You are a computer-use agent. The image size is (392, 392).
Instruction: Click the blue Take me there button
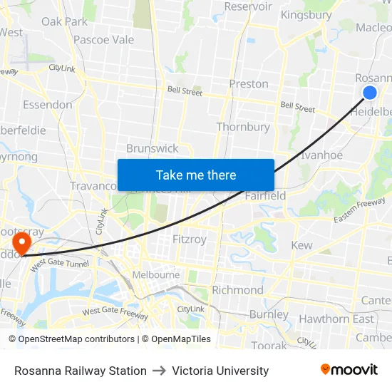click(196, 175)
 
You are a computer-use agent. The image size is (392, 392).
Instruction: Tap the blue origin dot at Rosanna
click(369, 93)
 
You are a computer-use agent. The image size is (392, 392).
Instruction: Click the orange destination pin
click(23, 242)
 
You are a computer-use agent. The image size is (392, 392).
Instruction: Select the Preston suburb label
click(249, 84)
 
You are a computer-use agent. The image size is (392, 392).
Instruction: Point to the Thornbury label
click(243, 127)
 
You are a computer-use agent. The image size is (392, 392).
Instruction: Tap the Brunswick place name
click(153, 148)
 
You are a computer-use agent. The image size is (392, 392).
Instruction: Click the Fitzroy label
click(189, 239)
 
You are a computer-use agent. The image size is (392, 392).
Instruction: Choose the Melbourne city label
click(156, 274)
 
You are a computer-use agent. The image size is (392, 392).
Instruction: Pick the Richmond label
click(237, 290)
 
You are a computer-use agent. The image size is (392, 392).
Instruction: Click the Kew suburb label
click(302, 245)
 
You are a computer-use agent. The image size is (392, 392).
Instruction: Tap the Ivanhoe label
click(321, 155)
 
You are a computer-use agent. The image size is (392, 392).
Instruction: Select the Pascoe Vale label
click(104, 40)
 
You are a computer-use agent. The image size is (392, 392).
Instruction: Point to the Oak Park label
click(64, 21)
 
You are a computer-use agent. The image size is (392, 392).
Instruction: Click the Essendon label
click(48, 105)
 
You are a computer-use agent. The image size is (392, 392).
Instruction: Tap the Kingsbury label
click(306, 15)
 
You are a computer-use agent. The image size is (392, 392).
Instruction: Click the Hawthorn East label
click(336, 319)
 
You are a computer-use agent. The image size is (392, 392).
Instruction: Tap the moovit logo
click(349, 370)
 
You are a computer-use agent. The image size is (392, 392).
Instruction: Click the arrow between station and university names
click(159, 371)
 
